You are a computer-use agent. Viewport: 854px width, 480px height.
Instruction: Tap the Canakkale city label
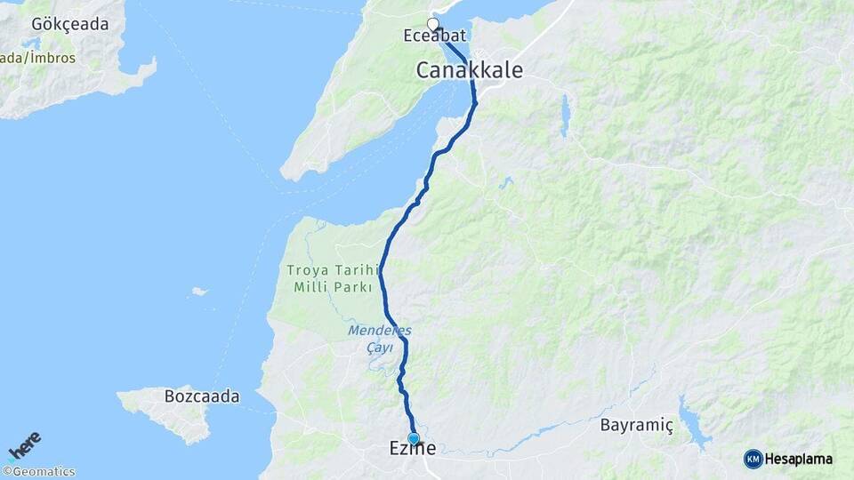[x=469, y=70]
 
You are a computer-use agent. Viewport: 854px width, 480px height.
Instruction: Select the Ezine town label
[x=414, y=449]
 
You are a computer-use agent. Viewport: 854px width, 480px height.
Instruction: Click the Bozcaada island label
[x=202, y=396]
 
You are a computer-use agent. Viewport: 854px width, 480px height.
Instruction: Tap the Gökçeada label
[x=69, y=24]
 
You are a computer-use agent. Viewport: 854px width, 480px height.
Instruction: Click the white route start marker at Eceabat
[x=433, y=24]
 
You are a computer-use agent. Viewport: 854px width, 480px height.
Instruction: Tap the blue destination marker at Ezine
[x=413, y=438]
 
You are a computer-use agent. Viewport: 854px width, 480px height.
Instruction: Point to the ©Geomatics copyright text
[x=39, y=472]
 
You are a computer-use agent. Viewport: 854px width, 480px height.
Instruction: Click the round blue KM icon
[x=753, y=459]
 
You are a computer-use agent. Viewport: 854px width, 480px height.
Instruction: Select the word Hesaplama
[x=799, y=459]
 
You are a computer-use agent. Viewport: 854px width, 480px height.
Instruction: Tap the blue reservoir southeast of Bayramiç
[x=692, y=421]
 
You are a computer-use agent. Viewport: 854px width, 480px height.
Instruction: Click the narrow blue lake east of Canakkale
[x=564, y=116]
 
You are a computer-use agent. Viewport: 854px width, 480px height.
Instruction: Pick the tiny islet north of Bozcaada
[x=199, y=291]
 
